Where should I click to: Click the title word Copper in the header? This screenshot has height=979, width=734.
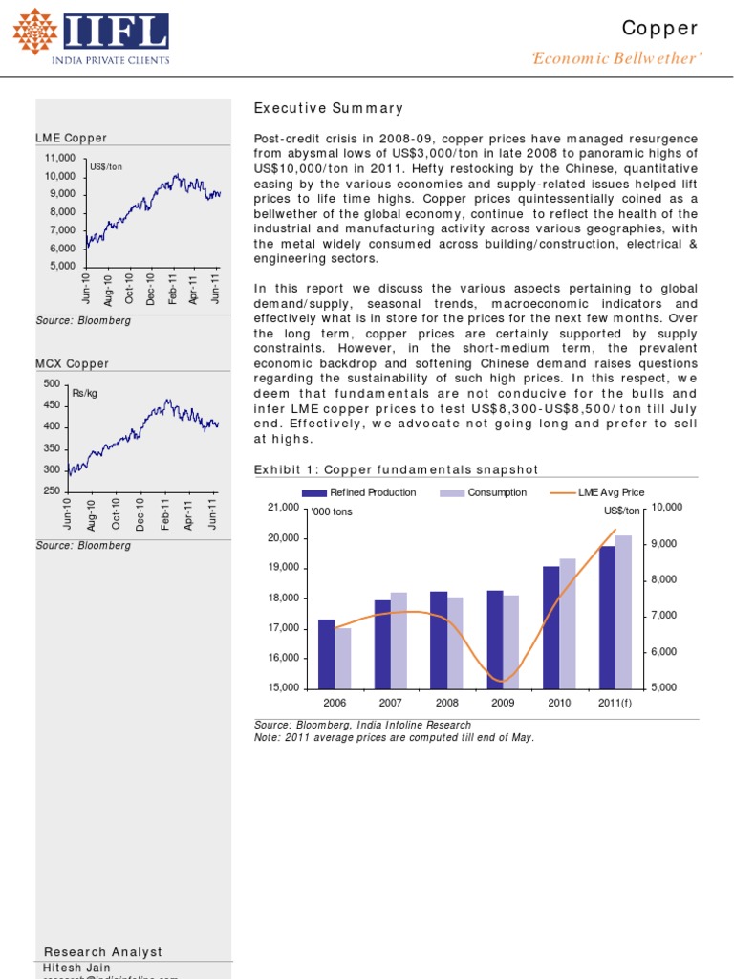660,29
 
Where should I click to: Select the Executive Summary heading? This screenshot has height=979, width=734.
329,109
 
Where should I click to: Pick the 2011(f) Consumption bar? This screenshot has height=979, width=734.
623,612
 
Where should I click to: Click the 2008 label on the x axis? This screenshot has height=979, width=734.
447,703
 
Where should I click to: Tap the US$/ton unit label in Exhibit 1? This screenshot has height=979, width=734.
621,511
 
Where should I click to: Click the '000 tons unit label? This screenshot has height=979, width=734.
331,511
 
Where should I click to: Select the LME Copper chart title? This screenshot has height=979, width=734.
72,139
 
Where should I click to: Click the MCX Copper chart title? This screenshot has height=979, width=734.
72,364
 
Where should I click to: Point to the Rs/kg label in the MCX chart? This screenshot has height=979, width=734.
84,392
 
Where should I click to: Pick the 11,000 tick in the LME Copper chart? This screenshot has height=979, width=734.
59,157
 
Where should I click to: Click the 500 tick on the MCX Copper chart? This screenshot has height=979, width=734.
52,383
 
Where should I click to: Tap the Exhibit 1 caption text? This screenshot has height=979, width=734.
396,469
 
